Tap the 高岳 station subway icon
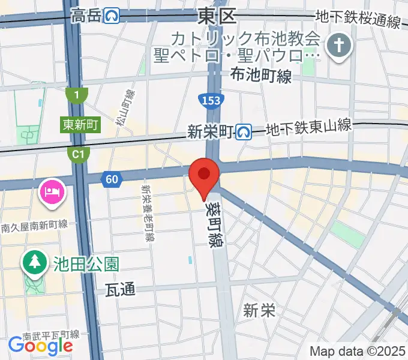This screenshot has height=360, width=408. (x=112, y=15)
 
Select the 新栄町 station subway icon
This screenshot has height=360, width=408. (x=244, y=131)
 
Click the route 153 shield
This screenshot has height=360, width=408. (x=210, y=100)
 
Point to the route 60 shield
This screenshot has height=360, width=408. (x=112, y=178)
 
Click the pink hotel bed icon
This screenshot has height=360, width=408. (x=50, y=192)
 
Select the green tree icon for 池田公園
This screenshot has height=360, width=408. (x=34, y=262)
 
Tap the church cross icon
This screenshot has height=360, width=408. (x=338, y=46)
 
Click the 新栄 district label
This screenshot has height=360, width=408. (x=260, y=310)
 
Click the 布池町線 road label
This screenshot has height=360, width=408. (x=262, y=76)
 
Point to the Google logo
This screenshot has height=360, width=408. (x=40, y=344)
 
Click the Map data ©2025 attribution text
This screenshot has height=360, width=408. (x=356, y=351)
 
